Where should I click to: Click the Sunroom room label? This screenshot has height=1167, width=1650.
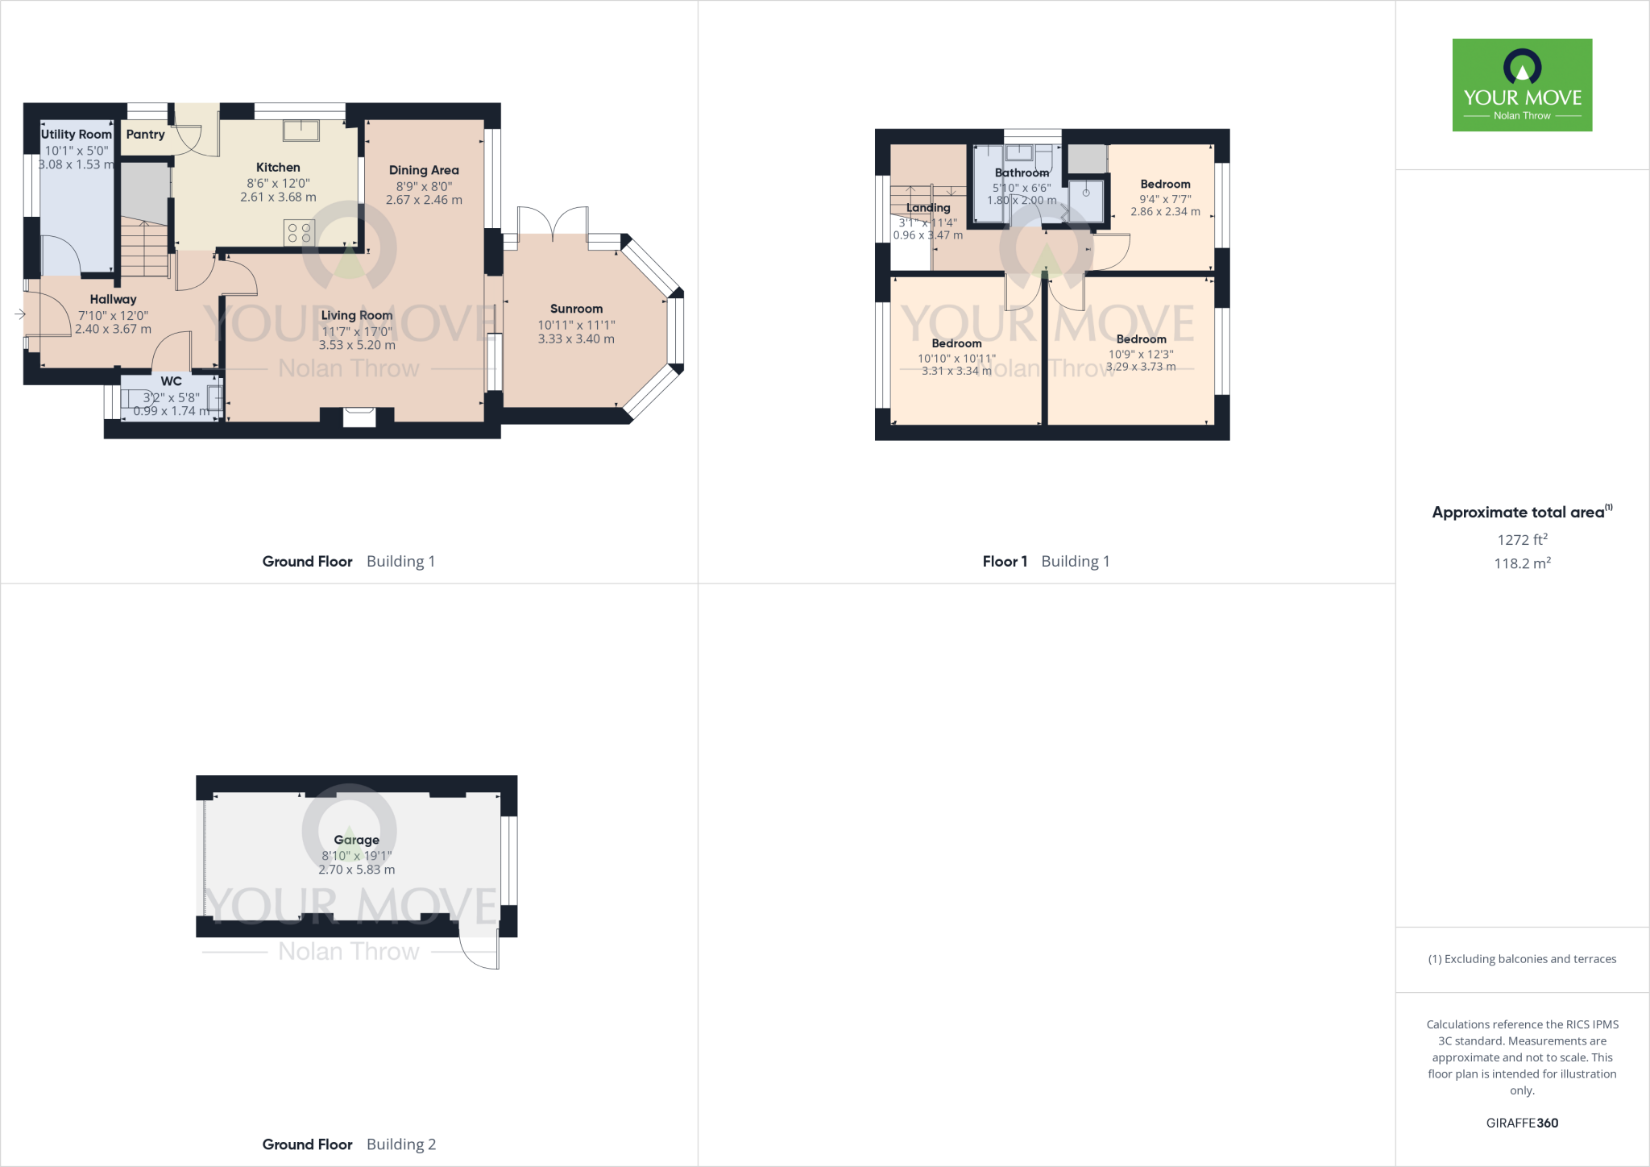[576, 309]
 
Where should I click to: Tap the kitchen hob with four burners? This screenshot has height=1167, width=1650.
[299, 233]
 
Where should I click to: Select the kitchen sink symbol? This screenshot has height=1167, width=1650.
[301, 130]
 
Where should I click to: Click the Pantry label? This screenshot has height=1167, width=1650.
[145, 135]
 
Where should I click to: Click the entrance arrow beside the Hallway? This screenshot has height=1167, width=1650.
[19, 314]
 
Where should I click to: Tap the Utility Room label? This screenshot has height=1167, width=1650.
[77, 135]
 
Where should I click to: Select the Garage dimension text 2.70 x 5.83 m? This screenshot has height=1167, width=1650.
[356, 870]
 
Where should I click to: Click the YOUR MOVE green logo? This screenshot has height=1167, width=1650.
[1522, 85]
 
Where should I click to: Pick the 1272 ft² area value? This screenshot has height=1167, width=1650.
[1522, 540]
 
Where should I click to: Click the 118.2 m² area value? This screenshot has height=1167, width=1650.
[1522, 563]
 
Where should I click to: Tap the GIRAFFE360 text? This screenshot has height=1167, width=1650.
[1522, 1123]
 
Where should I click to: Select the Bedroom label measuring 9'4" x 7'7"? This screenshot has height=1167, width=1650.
[1165, 185]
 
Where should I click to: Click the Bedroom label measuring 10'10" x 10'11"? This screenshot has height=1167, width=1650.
[956, 343]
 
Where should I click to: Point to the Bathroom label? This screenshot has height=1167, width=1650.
[1022, 172]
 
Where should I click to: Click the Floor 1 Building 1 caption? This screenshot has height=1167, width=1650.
[1046, 562]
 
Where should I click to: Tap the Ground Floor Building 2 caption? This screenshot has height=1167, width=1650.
[349, 1144]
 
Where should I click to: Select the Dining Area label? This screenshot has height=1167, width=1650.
[424, 170]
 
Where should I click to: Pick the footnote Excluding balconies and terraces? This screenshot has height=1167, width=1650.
[1522, 959]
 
